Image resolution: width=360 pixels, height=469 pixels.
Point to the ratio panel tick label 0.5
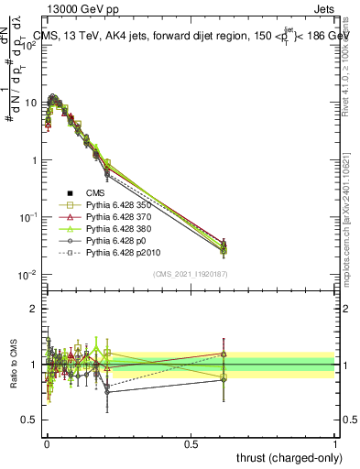(29, 420)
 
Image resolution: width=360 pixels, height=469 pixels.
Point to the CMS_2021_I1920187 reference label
(190, 274)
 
